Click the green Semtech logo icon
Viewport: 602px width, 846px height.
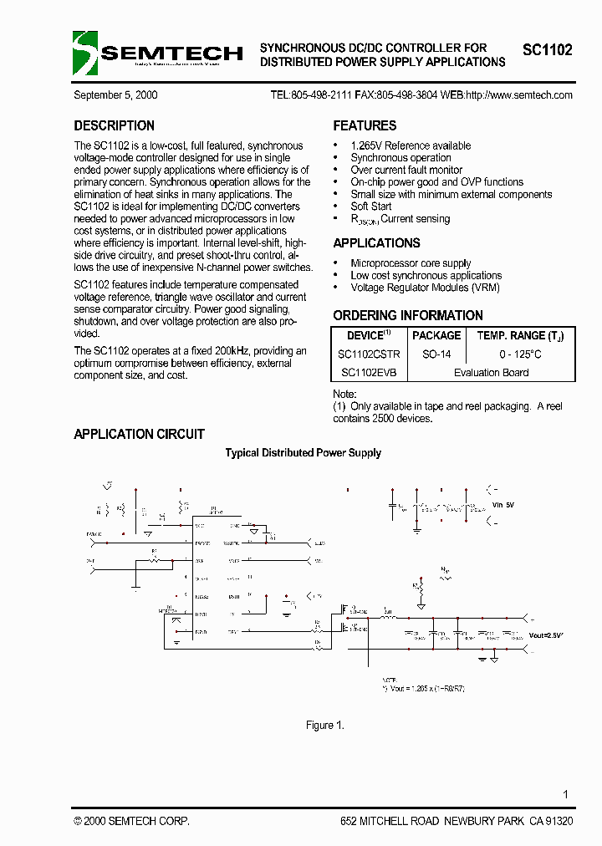85,53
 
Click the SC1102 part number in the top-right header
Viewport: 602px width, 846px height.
548,50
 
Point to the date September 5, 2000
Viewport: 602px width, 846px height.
115,95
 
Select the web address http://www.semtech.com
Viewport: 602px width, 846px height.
518,95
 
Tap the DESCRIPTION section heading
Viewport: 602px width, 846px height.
114,126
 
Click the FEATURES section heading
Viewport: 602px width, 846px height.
365,126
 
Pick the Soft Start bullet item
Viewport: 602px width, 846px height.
371,206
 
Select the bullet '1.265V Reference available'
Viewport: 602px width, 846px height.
411,145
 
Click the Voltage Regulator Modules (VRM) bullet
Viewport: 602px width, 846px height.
426,288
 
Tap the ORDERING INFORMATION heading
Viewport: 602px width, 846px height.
408,316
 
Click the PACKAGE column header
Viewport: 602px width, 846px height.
436,336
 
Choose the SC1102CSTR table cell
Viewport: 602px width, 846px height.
369,354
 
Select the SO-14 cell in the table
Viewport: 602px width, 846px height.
436,354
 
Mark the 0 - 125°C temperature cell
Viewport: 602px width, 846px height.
520,354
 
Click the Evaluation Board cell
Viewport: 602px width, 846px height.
492,373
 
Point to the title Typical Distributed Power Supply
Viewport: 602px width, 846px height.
303,453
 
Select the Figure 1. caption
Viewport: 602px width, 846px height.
325,726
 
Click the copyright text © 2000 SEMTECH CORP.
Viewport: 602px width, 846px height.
131,822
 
